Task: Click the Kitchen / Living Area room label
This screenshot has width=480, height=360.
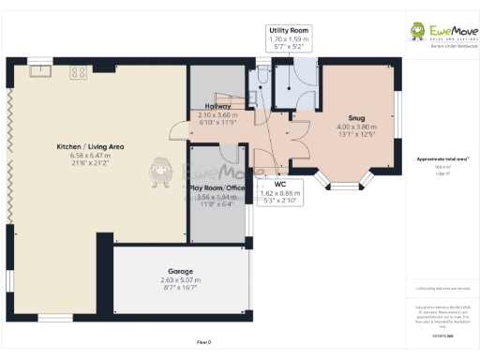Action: pos(90,147)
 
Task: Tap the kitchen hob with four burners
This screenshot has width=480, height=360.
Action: pos(78,70)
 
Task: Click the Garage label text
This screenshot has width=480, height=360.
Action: pos(181,270)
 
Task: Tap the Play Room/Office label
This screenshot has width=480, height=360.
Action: pos(217,187)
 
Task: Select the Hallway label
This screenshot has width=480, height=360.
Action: pos(219,106)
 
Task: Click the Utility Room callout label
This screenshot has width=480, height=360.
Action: pos(288,31)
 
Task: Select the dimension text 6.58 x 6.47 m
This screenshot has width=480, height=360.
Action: pos(90,156)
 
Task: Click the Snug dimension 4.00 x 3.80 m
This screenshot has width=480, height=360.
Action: pos(356,127)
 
